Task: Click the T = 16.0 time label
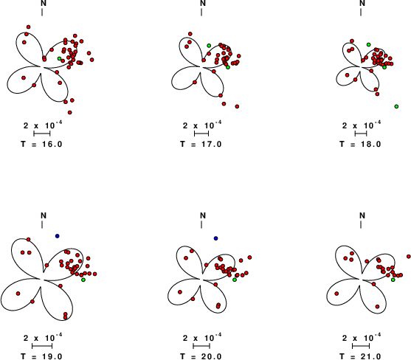[41, 144]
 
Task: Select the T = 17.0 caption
[201, 144]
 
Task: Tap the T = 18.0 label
[360, 144]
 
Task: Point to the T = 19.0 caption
[41, 356]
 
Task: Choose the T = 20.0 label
[201, 356]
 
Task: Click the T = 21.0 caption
[360, 356]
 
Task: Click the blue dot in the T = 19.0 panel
[57, 236]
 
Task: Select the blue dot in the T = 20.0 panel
[215, 238]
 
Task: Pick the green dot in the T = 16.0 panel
[60, 58]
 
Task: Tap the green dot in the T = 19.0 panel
[83, 280]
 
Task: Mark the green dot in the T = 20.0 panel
[235, 280]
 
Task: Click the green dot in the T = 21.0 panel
[393, 280]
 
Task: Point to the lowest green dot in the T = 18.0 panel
[396, 106]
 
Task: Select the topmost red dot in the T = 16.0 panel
[28, 27]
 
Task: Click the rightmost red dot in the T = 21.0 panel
[409, 256]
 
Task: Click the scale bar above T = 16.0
[42, 134]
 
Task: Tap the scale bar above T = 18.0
[361, 134]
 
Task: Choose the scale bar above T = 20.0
[201, 346]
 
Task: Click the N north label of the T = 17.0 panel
[203, 3]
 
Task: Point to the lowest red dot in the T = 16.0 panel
[69, 112]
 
